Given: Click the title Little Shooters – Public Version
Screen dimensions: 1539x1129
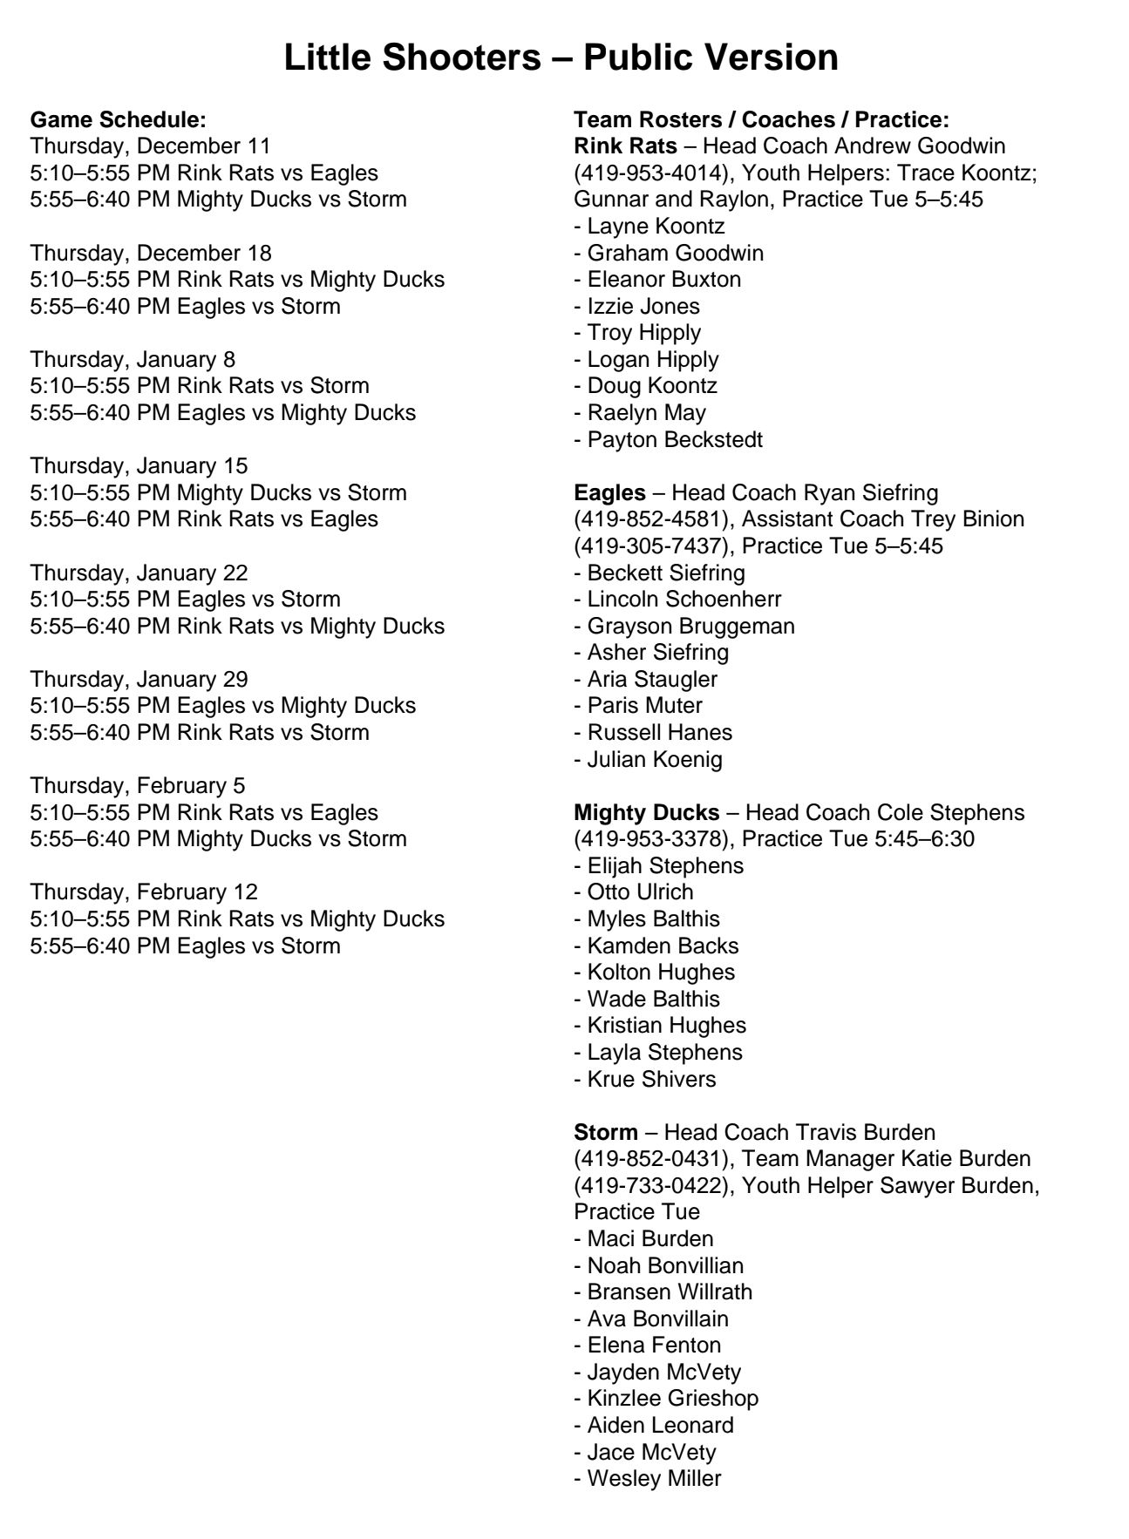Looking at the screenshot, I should (x=561, y=58).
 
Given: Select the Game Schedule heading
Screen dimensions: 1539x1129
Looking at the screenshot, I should (x=118, y=119).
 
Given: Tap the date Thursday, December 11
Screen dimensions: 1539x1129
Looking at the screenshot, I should (x=150, y=146).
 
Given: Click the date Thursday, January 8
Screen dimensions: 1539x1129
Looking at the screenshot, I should (x=133, y=359).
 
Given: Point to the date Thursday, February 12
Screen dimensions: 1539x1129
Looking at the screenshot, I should (x=144, y=892).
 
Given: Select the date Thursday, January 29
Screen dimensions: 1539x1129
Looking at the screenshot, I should (x=139, y=679).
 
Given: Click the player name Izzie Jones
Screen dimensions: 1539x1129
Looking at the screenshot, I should (x=643, y=306).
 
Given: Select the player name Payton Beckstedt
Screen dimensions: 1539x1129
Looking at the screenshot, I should (x=674, y=439).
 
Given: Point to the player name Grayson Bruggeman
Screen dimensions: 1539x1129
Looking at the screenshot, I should (x=690, y=626).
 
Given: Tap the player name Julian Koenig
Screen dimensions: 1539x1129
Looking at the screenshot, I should (x=654, y=759).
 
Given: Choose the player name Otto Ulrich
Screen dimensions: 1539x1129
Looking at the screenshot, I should (x=640, y=892).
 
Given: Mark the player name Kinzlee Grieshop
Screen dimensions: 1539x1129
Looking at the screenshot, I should (x=672, y=1398).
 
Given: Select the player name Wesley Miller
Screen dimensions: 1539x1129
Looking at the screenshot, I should (x=654, y=1478).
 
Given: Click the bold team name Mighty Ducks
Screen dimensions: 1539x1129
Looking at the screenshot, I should (x=646, y=812).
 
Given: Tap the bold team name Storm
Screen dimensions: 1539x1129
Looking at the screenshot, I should (x=605, y=1132).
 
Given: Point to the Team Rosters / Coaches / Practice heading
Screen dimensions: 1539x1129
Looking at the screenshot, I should (x=761, y=119).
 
